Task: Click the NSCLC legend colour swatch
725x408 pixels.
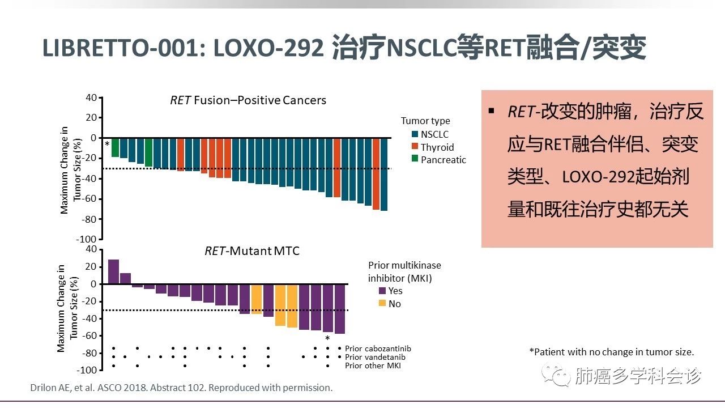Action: (x=415, y=134)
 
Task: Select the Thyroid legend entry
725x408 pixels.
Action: (x=437, y=147)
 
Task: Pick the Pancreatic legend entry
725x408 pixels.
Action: (x=443, y=160)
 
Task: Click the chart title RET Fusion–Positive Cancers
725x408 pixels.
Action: (x=248, y=100)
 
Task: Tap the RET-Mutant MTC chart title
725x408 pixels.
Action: (x=251, y=250)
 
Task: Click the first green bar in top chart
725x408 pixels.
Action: (x=115, y=147)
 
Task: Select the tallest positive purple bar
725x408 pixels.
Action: (x=113, y=271)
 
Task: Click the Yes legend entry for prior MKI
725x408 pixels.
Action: (x=395, y=291)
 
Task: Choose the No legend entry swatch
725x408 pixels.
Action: (x=382, y=304)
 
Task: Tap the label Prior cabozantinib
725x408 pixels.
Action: (x=378, y=348)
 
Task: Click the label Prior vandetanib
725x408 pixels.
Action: (x=375, y=357)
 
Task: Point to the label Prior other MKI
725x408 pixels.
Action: (x=373, y=366)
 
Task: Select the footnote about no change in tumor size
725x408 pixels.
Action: (x=611, y=352)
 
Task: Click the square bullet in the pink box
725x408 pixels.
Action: (x=491, y=111)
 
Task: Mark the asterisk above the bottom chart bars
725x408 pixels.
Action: (x=327, y=338)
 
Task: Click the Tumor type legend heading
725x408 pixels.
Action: (x=425, y=121)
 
